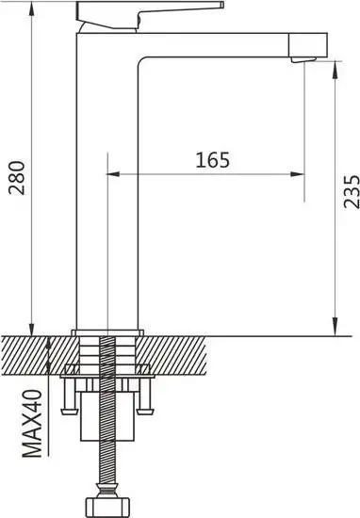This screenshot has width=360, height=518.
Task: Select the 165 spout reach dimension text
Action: click(213, 159)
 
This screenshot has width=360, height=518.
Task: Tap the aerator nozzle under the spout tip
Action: click(307, 59)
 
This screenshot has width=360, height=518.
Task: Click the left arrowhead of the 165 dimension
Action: click(115, 174)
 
